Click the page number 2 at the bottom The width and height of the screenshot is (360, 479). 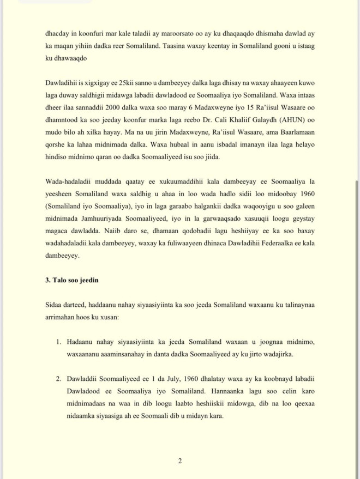180,461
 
